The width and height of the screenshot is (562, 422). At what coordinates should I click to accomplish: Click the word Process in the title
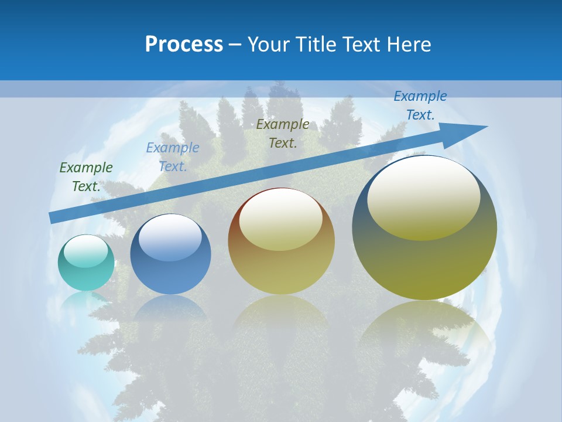(x=184, y=45)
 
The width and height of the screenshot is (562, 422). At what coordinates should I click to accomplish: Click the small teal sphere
(x=86, y=263)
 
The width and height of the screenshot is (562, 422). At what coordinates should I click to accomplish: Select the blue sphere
(x=170, y=254)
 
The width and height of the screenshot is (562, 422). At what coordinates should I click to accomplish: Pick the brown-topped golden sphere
(x=281, y=241)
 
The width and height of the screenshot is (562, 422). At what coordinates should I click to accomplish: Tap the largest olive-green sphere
(x=424, y=227)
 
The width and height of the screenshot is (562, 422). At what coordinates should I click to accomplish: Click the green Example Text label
(x=86, y=177)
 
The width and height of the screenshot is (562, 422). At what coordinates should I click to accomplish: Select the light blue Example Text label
(x=173, y=157)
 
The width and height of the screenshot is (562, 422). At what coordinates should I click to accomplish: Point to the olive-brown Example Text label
(x=283, y=134)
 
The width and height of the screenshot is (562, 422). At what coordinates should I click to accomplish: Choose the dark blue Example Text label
(x=420, y=105)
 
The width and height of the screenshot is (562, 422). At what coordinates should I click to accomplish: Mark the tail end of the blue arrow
(x=54, y=218)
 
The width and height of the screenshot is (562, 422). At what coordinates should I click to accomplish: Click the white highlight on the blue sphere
(x=171, y=237)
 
